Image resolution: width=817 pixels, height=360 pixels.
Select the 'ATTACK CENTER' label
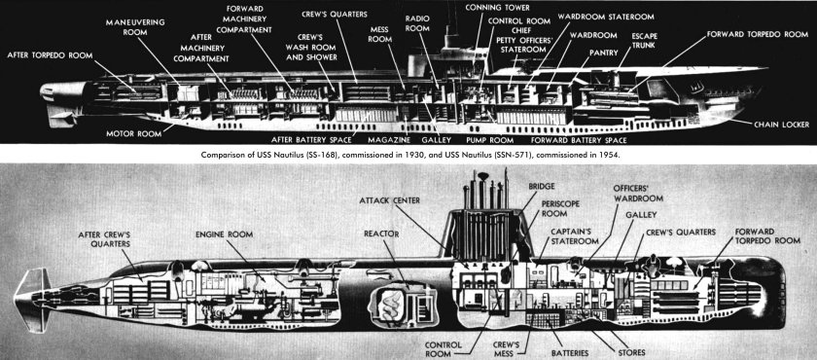390,200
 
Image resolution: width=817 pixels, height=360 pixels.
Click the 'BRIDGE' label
542,185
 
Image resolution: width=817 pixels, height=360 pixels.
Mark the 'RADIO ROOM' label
416,23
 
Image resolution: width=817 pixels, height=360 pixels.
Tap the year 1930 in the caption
379,154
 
